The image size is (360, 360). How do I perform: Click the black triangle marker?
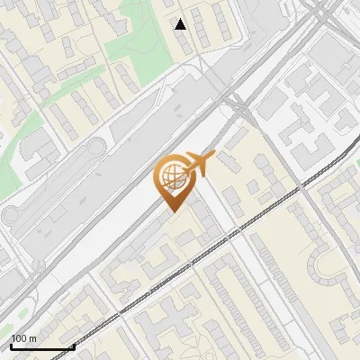tap(181, 24)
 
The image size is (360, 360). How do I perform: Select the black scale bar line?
tap(41, 347)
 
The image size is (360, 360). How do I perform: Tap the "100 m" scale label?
tap(23, 338)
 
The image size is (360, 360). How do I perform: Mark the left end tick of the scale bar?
tap(10, 346)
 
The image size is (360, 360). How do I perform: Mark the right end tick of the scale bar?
tap(73, 346)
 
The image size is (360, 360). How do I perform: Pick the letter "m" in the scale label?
tap(32, 338)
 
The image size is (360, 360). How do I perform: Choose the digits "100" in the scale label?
tap(19, 338)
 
